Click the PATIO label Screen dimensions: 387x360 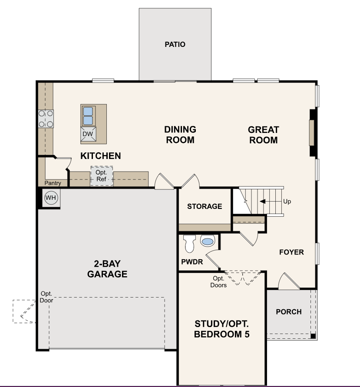point(175,44)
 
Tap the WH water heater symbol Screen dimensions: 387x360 point(51,198)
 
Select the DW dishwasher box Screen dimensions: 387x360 point(88,134)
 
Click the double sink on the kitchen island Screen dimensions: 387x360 point(88,115)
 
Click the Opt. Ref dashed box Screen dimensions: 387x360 point(101,176)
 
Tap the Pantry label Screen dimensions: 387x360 point(53,183)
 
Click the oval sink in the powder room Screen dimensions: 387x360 point(208,241)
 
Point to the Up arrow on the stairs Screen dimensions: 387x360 point(269,202)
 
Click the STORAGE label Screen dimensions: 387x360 point(205,206)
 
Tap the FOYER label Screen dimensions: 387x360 point(291,252)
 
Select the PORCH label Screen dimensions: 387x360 point(289,312)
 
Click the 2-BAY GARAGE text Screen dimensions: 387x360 point(107,269)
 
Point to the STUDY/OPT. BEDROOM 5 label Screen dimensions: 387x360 point(222,329)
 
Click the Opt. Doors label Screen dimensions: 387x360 point(218,282)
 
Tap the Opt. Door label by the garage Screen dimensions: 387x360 point(46,297)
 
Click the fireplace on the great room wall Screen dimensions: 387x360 point(311,133)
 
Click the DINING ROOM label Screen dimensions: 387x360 point(180,135)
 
